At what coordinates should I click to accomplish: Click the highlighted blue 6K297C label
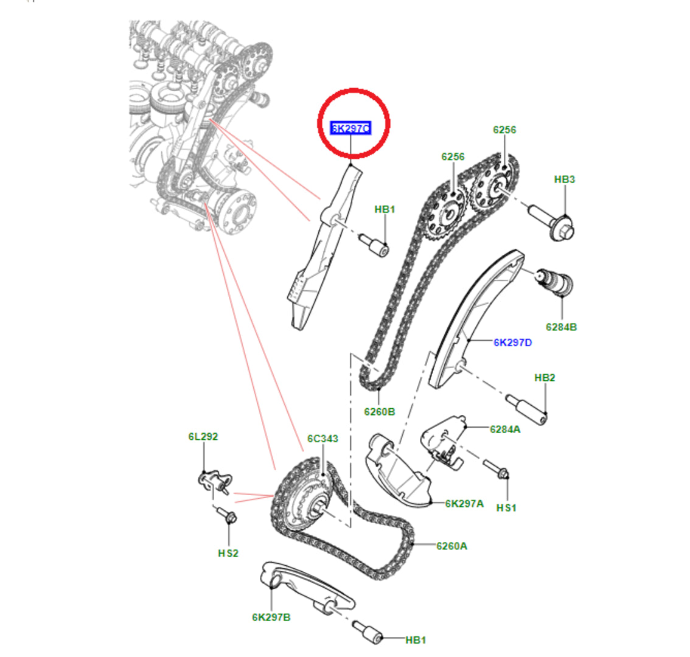click(350, 128)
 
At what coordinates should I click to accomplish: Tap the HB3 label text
click(564, 179)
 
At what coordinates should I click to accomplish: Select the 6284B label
click(561, 327)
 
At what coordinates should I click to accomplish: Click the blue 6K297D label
click(512, 342)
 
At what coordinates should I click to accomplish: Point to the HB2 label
click(545, 378)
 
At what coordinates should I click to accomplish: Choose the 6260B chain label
click(380, 412)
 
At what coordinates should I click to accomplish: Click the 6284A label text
click(505, 429)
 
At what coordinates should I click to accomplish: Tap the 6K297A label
click(464, 503)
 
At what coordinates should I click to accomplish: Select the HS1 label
click(506, 507)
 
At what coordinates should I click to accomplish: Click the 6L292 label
click(203, 437)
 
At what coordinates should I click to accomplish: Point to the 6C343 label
click(322, 439)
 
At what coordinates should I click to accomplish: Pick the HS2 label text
click(228, 553)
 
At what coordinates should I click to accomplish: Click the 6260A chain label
click(451, 546)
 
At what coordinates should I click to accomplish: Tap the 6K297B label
click(271, 617)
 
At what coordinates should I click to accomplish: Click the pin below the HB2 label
click(528, 408)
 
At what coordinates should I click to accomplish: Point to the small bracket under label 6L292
click(213, 481)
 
